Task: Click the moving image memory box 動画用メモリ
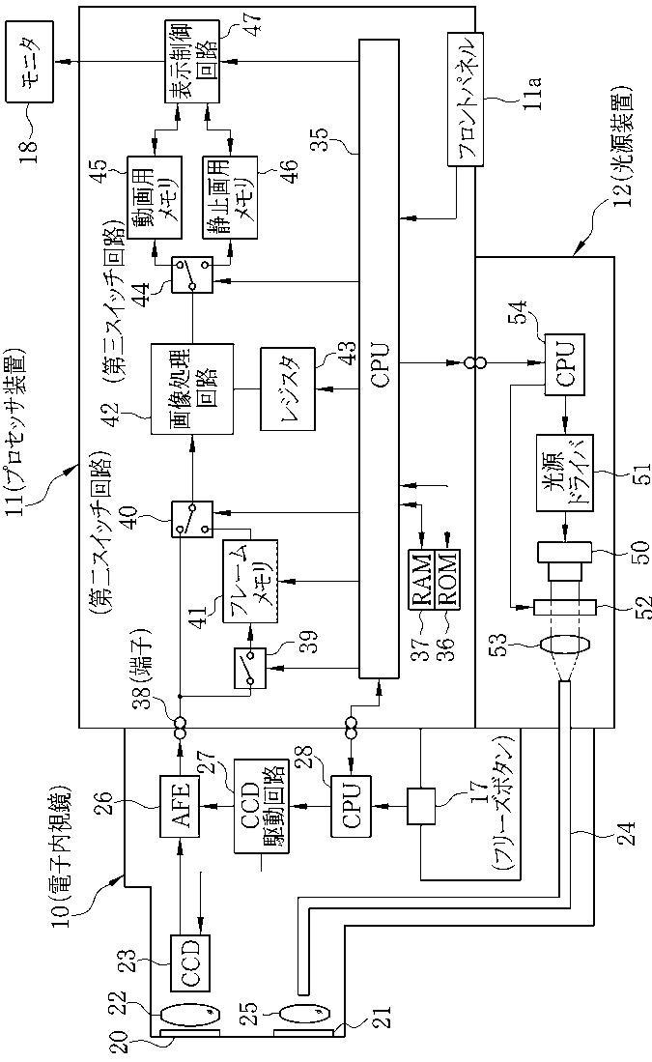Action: click(x=155, y=196)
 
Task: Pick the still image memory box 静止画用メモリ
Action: click(x=230, y=196)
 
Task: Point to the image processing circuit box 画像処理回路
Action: click(x=191, y=389)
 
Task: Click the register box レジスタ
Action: click(x=288, y=388)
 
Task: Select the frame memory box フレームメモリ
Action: click(x=250, y=581)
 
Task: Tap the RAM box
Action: click(x=421, y=580)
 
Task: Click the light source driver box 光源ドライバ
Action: click(x=565, y=473)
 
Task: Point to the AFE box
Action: click(x=180, y=804)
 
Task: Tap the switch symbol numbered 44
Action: click(x=192, y=274)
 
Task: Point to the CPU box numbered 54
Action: click(x=565, y=363)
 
